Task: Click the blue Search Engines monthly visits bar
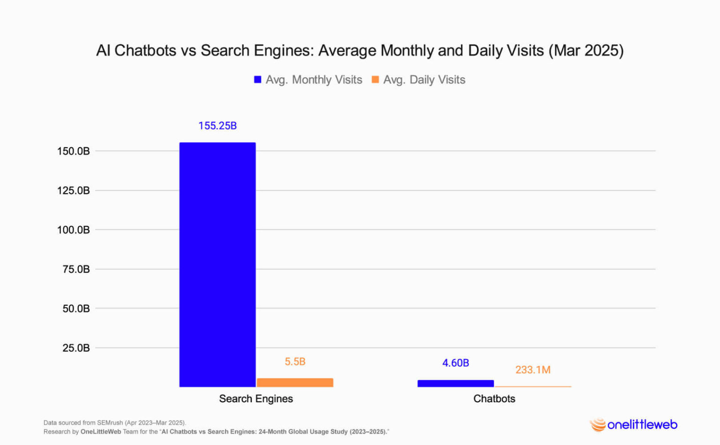pyautogui.click(x=217, y=264)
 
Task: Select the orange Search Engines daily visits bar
pyautogui.click(x=295, y=382)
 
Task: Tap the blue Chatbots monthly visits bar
pyautogui.click(x=455, y=383)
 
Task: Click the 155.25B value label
pyautogui.click(x=217, y=126)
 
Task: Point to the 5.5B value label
pyautogui.click(x=295, y=362)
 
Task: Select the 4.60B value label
pyautogui.click(x=455, y=363)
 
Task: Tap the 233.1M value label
pyautogui.click(x=532, y=370)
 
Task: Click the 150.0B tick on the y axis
pyautogui.click(x=73, y=151)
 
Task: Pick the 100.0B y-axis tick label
pyautogui.click(x=73, y=230)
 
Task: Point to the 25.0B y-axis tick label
pyautogui.click(x=76, y=348)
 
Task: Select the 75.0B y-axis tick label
pyautogui.click(x=76, y=269)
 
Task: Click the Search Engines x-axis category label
pyautogui.click(x=256, y=399)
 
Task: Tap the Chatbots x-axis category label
pyautogui.click(x=494, y=399)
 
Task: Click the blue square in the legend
pyautogui.click(x=257, y=80)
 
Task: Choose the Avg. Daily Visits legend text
pyautogui.click(x=424, y=80)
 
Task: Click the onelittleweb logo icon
pyautogui.click(x=598, y=425)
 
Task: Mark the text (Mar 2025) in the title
pyautogui.click(x=586, y=51)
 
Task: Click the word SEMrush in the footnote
pyautogui.click(x=110, y=422)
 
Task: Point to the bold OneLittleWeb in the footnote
pyautogui.click(x=101, y=431)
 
